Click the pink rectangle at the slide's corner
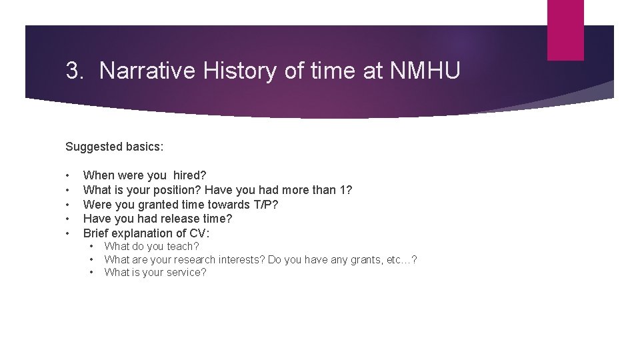(565, 30)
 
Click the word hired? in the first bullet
(190, 175)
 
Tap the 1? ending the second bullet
(345, 190)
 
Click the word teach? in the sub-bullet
(183, 247)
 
